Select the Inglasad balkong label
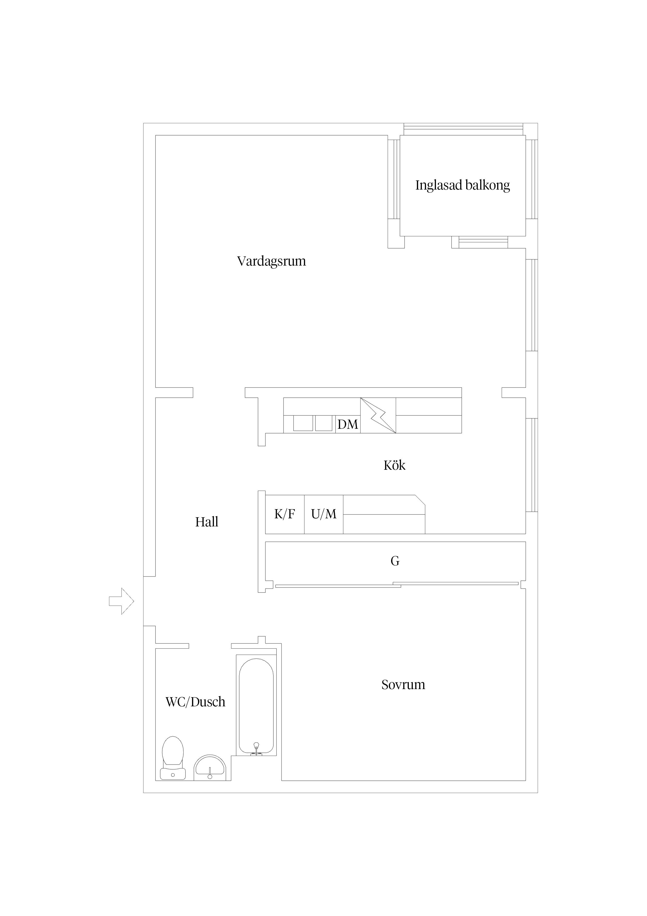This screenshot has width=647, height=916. (463, 185)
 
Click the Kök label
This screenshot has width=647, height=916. (394, 465)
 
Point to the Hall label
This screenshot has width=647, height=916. (207, 522)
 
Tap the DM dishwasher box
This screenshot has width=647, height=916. (348, 424)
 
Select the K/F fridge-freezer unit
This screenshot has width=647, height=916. (285, 514)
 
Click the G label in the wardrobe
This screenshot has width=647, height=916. (395, 561)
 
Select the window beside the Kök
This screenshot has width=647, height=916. (531, 465)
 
